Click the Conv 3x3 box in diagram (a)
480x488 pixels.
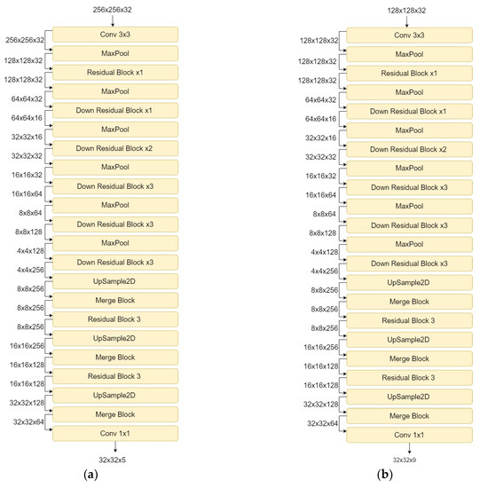(x=115, y=35)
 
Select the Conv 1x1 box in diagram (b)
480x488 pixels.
(x=408, y=435)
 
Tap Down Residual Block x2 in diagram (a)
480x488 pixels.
(x=115, y=148)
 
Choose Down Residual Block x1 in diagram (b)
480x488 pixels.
(x=408, y=111)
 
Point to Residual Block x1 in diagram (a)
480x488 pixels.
(x=115, y=73)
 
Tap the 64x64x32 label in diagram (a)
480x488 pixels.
(x=28, y=98)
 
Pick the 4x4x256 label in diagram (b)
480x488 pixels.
(x=322, y=271)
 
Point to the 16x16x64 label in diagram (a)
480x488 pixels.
(x=28, y=193)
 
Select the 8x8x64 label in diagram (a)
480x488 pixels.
(x=31, y=213)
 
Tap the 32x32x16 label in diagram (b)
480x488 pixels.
(x=322, y=138)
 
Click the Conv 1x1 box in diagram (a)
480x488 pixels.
(x=115, y=433)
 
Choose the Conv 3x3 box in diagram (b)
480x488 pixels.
(x=408, y=35)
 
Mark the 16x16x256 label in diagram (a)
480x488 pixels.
(x=28, y=346)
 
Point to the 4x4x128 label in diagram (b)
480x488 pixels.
(x=324, y=252)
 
